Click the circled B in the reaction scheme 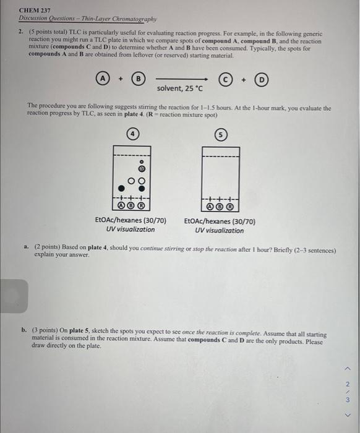140,79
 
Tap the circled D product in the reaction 263,79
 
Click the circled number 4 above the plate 131,134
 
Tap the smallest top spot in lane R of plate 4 140,159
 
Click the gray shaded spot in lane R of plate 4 140,168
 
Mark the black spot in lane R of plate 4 140,188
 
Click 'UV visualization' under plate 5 219,230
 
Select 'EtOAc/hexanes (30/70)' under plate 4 131,220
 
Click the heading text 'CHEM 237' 35,11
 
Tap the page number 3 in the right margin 347,399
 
